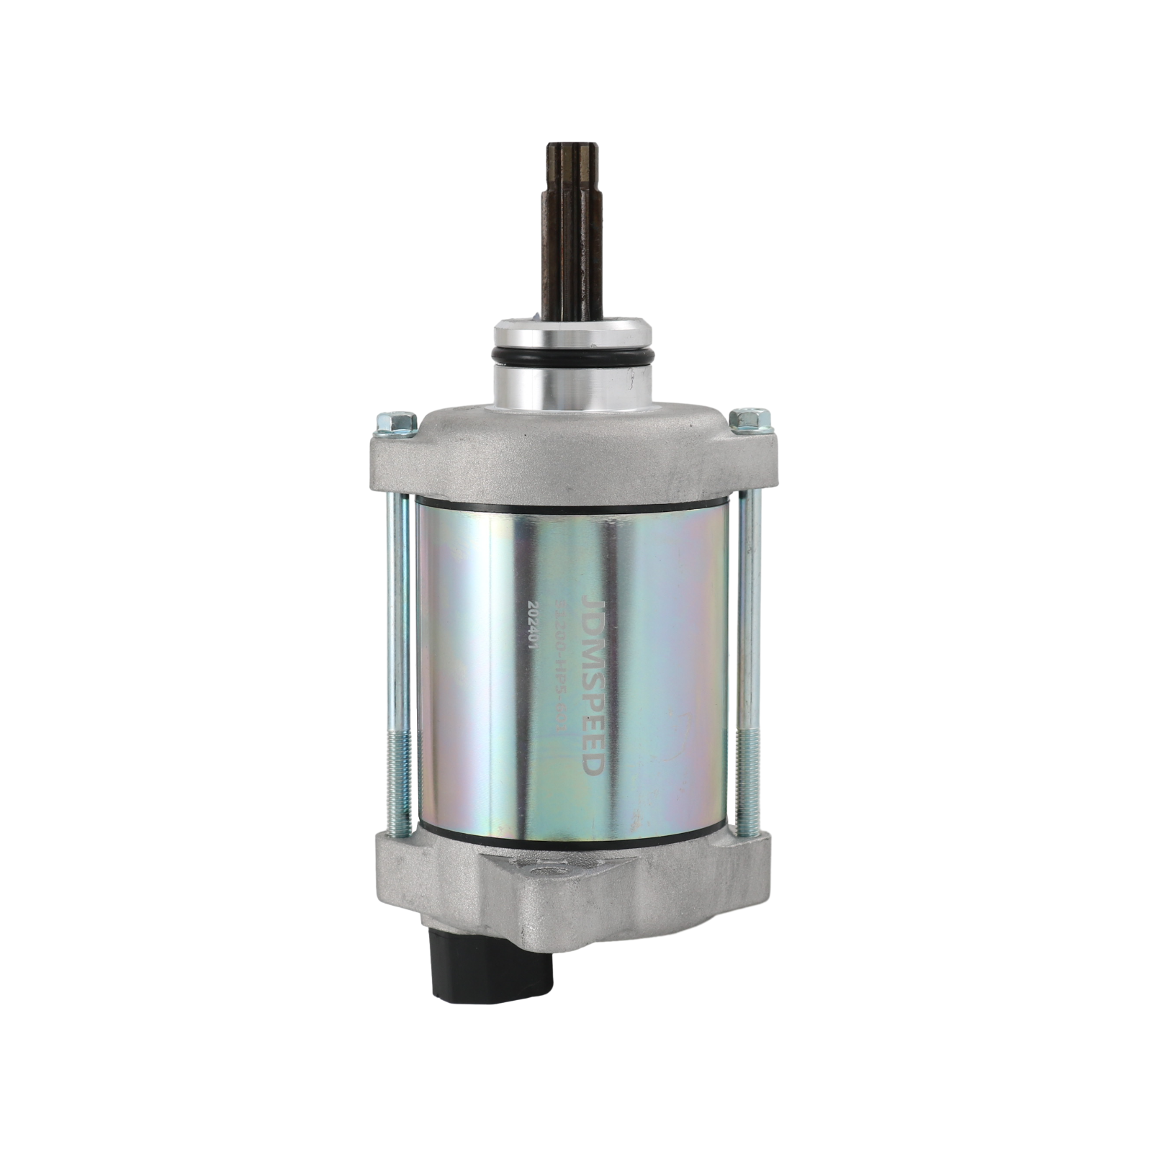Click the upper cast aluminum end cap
pos(572,454)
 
